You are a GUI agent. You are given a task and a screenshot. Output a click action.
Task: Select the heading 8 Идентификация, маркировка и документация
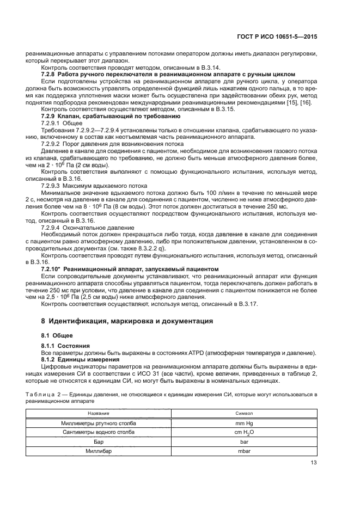click(x=127, y=321)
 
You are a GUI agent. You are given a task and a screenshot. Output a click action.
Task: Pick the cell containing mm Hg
click(x=244, y=423)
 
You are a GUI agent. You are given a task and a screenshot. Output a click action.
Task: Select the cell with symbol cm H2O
click(x=244, y=432)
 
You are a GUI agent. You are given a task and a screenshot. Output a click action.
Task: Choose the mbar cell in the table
click(x=244, y=451)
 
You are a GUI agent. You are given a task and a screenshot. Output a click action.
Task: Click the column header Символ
click(x=244, y=414)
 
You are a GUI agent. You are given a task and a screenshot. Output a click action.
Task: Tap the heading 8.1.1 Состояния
click(x=66, y=346)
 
